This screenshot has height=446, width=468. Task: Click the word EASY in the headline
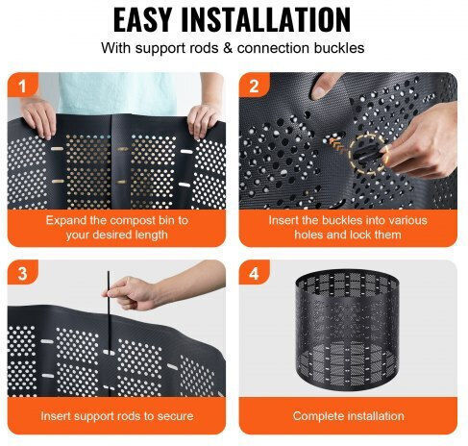pos(142,20)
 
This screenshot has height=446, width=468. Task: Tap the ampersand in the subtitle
pos(227,48)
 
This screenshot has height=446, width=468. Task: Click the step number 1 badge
pos(22,86)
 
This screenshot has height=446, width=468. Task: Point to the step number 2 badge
pos(254,86)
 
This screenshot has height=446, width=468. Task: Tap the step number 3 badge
pos(22,273)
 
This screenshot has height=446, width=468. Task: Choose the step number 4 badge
pos(254,273)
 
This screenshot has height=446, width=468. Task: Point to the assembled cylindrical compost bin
pos(347,330)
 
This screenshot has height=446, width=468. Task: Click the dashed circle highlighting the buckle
pos(368,154)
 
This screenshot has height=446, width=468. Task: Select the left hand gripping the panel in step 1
pos(38,117)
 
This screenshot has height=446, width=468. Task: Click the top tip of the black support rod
pos(109,272)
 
